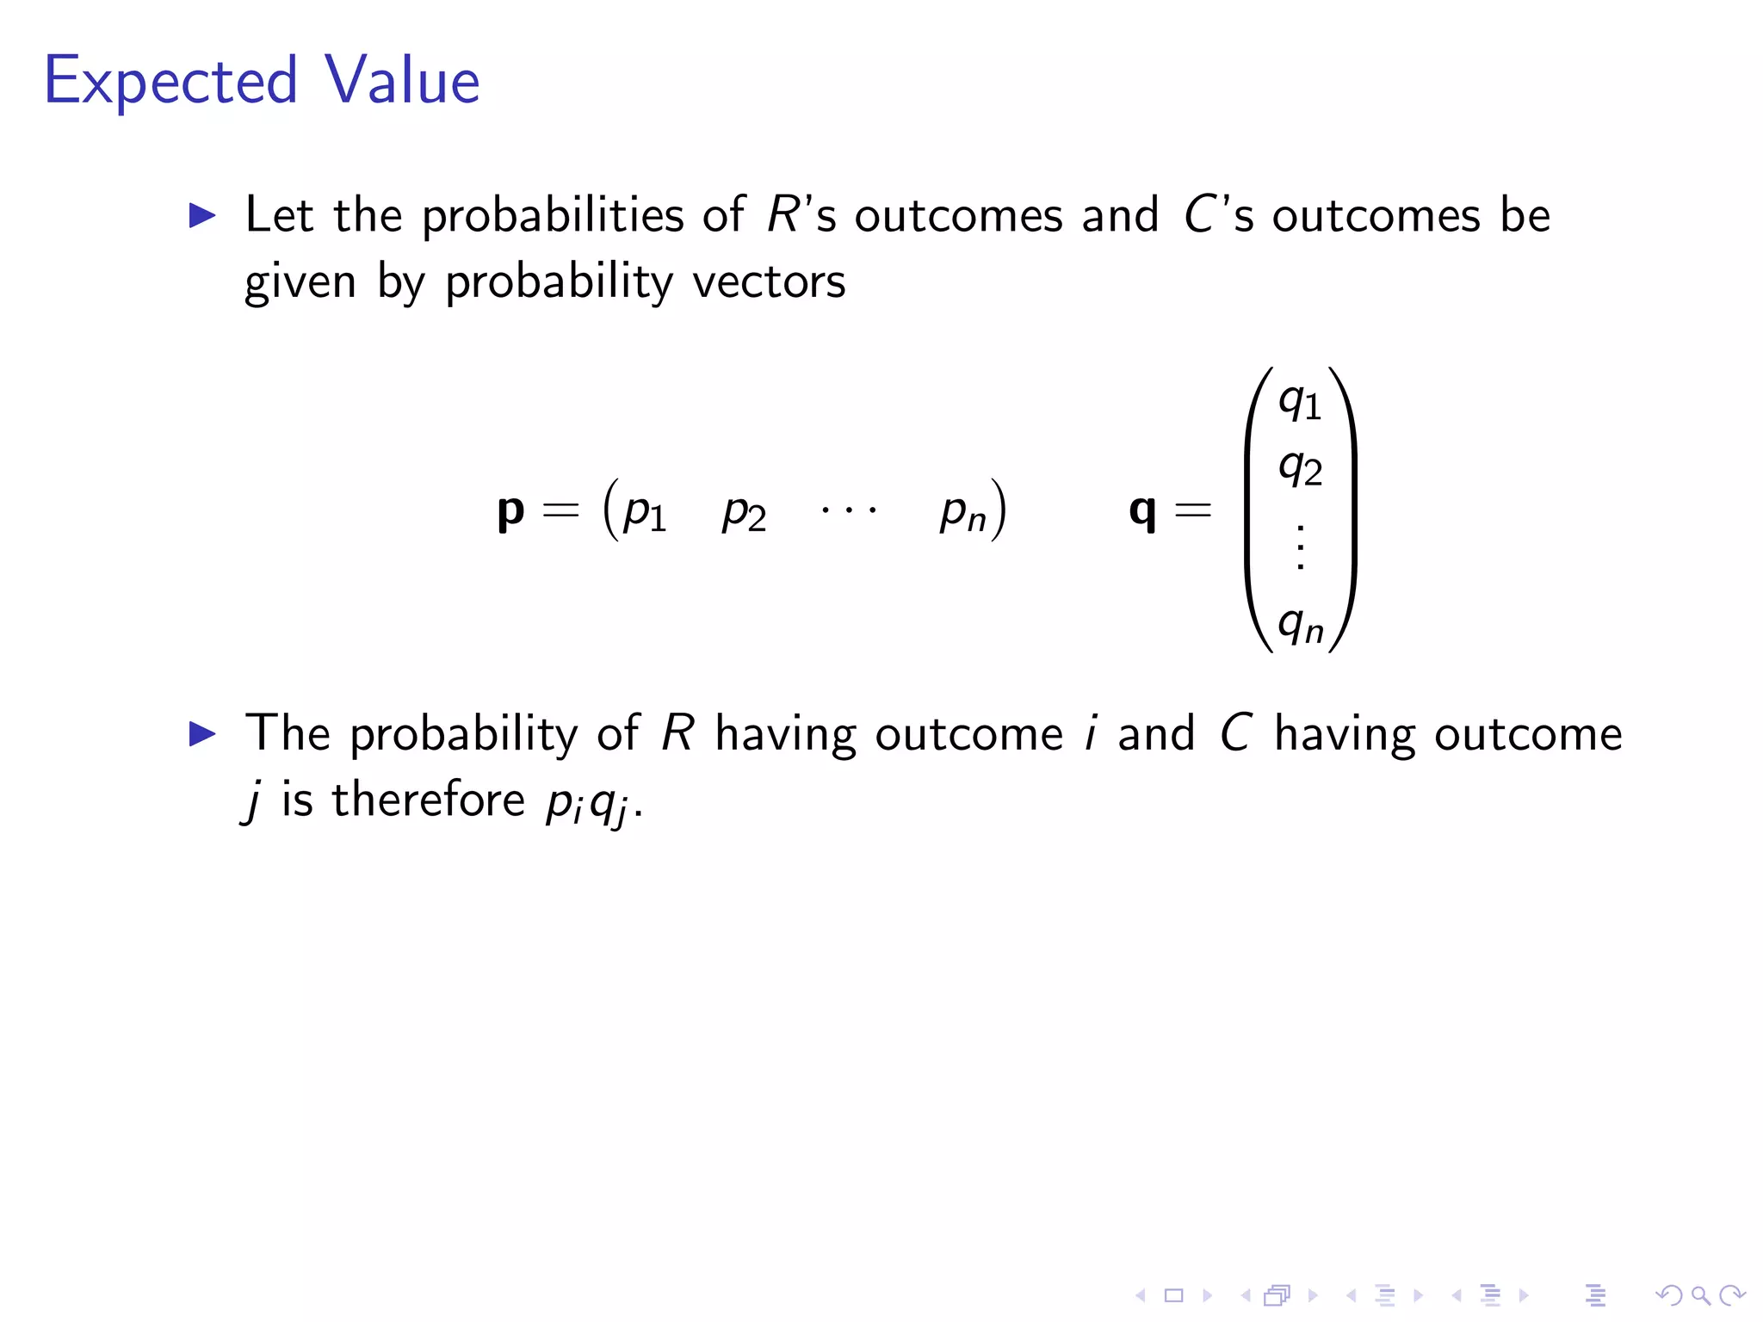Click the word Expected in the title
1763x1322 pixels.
(x=170, y=82)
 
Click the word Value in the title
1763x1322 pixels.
(x=402, y=80)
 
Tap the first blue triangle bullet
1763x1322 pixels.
(x=202, y=215)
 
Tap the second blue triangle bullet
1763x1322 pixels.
(x=202, y=734)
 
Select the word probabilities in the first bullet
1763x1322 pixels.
(x=551, y=215)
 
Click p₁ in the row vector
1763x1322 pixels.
(x=645, y=512)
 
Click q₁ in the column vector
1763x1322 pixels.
(x=1300, y=401)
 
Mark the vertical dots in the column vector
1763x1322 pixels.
(x=1300, y=546)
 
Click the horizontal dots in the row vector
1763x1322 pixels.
(x=849, y=510)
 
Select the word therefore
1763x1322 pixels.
(x=428, y=800)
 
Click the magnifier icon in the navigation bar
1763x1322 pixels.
(x=1700, y=1295)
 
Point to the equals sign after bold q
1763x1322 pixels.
(x=1193, y=510)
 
